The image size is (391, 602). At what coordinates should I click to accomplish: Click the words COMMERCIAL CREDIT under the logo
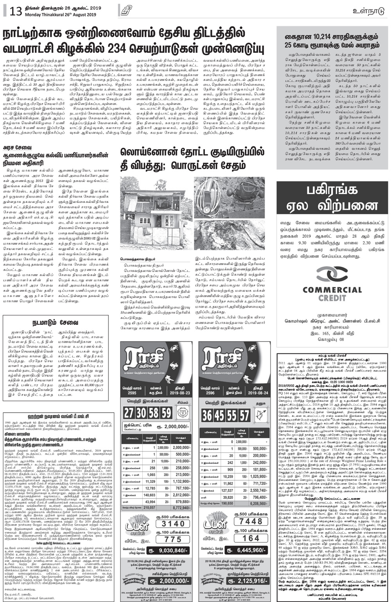coord(332,294)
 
